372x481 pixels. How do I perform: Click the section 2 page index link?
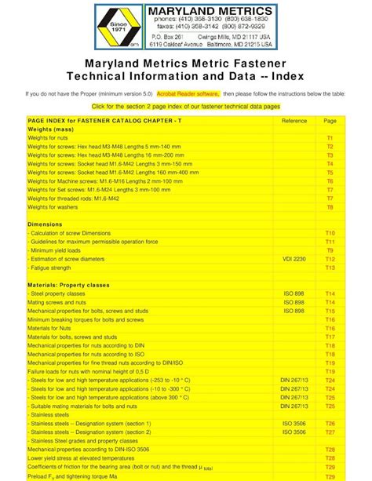tap(185, 105)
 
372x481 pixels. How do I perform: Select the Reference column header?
tap(294, 120)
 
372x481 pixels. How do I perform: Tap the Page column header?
tap(330, 120)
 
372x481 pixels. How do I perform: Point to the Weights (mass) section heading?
tap(51, 129)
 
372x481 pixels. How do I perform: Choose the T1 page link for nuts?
tap(330, 137)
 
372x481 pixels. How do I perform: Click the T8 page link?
tap(330, 207)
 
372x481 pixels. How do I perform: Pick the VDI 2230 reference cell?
tap(294, 259)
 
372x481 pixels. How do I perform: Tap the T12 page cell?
tap(330, 259)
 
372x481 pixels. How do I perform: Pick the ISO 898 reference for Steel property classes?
tap(294, 293)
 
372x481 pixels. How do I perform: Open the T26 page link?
tap(330, 424)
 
